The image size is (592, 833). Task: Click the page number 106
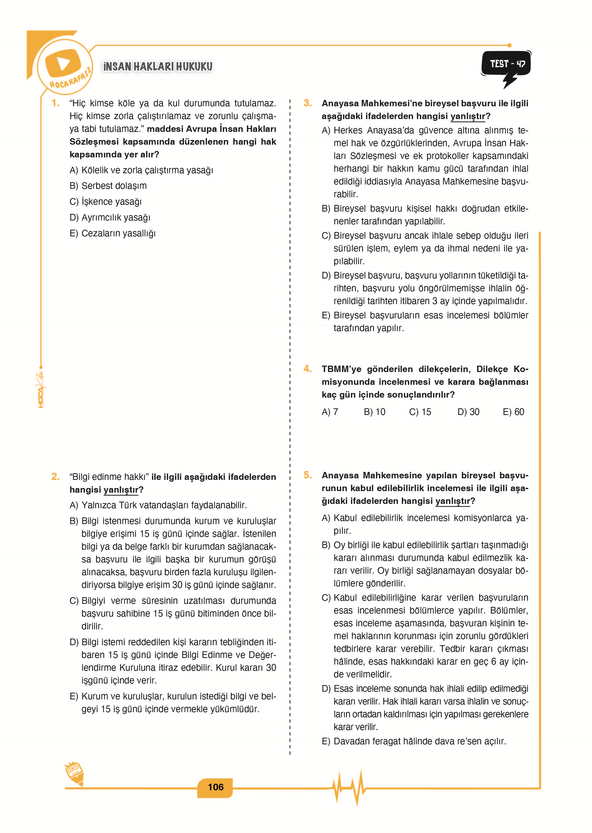(x=215, y=787)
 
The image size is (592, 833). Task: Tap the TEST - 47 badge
(x=507, y=64)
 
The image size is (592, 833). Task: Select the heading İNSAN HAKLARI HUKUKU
(x=158, y=67)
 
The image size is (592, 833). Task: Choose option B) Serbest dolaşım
(x=108, y=186)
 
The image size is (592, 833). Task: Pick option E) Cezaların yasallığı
(x=112, y=233)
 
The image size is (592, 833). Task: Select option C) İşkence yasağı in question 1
(x=105, y=201)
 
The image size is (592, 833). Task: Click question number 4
(x=307, y=369)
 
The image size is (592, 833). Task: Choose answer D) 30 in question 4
(x=468, y=412)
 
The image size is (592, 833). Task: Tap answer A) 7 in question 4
(x=330, y=412)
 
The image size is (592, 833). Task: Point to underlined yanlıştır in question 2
(x=121, y=490)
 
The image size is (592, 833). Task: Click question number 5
(x=307, y=475)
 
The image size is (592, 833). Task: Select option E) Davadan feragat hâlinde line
(x=414, y=741)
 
